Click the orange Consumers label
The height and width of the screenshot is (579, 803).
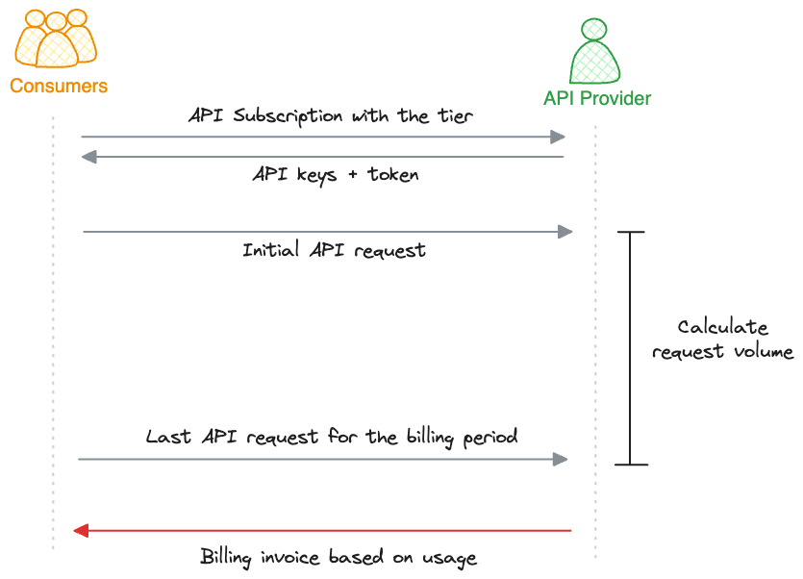(x=59, y=86)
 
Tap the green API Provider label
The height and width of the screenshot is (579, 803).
(x=597, y=98)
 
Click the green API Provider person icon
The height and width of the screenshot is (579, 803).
(x=594, y=51)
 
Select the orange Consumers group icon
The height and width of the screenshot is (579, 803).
(x=56, y=38)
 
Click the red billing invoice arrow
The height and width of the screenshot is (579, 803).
(x=322, y=530)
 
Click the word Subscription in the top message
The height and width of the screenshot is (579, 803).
(x=288, y=116)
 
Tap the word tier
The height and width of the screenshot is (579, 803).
(x=455, y=116)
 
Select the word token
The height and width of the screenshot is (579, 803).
(x=392, y=175)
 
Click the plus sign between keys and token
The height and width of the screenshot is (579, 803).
(x=352, y=175)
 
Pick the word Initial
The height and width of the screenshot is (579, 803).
(x=270, y=249)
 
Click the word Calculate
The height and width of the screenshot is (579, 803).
(x=722, y=327)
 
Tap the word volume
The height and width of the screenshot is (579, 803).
(x=764, y=351)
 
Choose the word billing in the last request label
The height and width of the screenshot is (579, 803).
(x=430, y=437)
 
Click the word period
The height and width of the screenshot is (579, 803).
(x=490, y=438)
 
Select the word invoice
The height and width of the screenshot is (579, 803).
(x=289, y=557)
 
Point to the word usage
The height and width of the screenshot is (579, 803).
(x=449, y=559)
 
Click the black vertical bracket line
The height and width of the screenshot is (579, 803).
(x=631, y=348)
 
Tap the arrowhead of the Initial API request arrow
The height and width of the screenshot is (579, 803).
(x=565, y=232)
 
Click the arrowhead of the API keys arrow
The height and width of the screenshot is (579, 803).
(x=89, y=157)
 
